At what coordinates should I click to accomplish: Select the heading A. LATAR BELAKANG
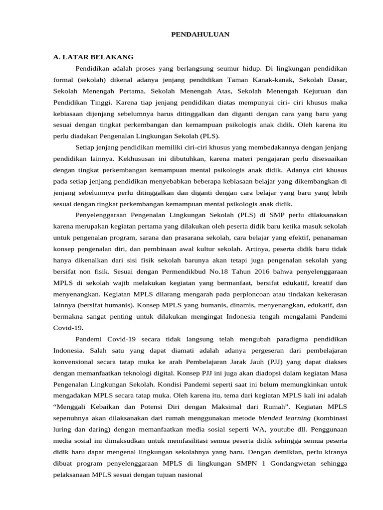(93, 57)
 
